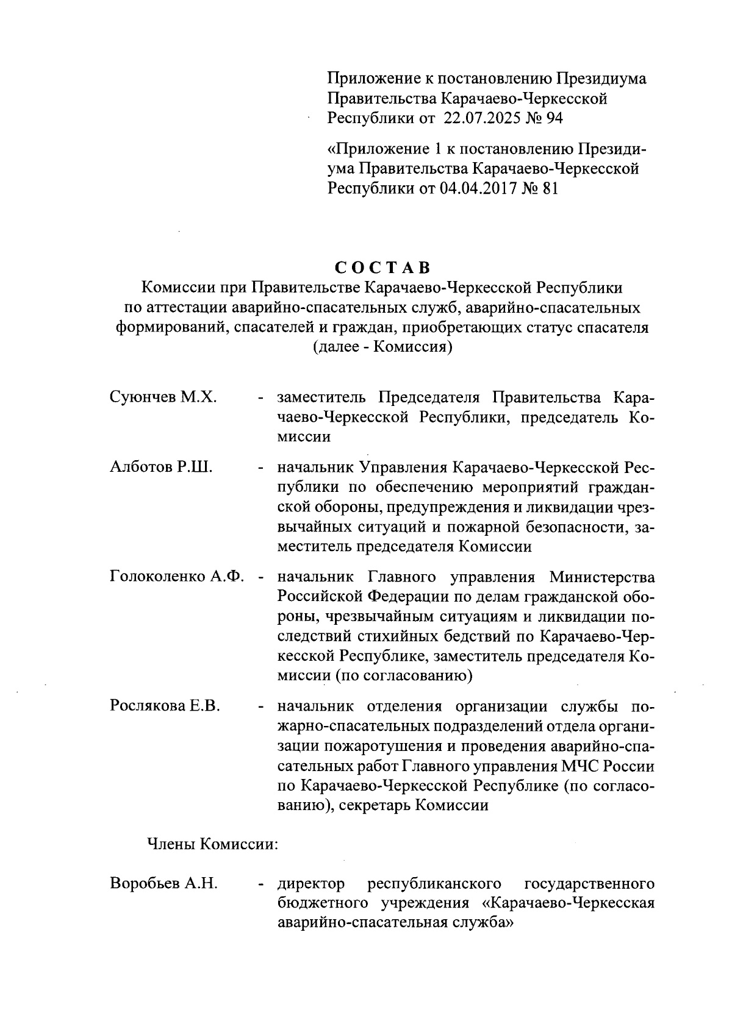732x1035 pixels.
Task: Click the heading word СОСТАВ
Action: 382,268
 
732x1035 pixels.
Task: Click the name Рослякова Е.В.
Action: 165,706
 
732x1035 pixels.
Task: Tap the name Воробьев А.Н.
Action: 163,883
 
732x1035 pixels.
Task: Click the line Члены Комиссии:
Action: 212,845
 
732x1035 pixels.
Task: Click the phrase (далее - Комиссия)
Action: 382,348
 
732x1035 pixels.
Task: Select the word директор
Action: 310,883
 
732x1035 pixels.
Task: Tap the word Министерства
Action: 602,577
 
